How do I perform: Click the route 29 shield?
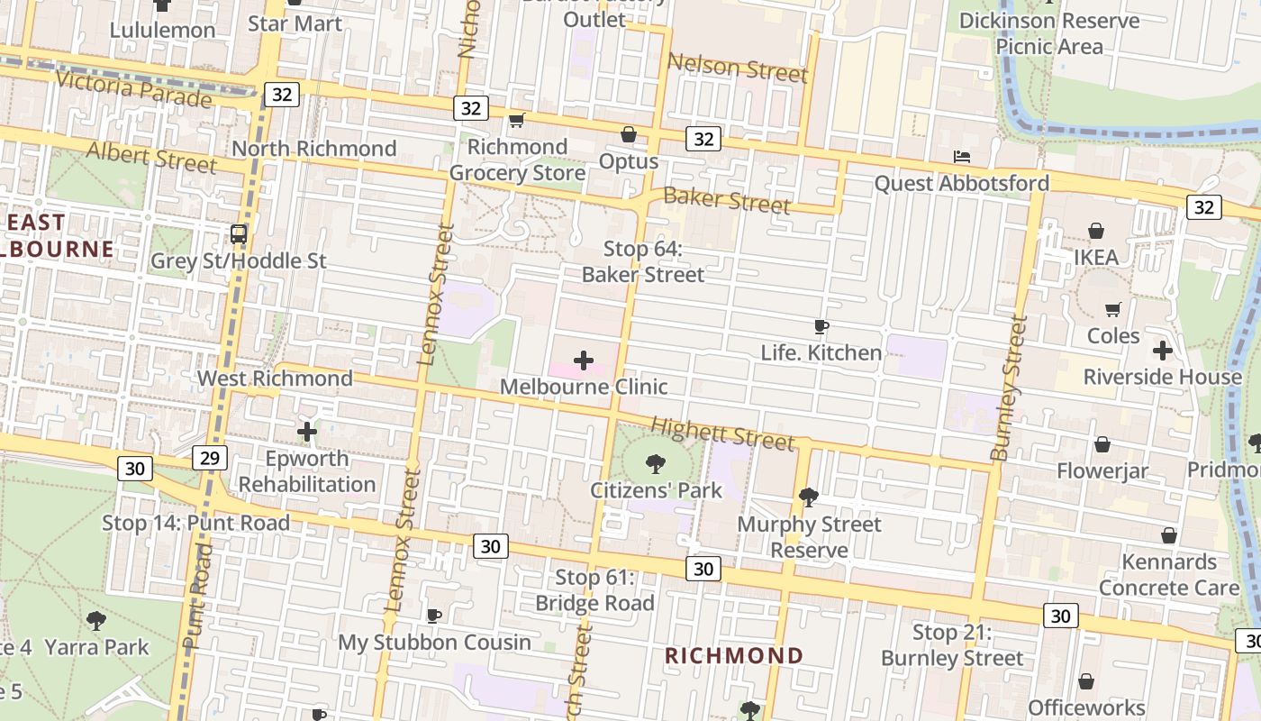point(209,458)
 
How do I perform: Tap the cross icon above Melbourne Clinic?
point(584,360)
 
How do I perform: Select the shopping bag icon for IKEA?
point(1096,232)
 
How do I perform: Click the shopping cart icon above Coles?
point(1113,310)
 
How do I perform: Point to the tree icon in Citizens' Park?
point(656,465)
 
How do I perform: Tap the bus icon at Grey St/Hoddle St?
point(239,234)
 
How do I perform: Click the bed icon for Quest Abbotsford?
point(962,157)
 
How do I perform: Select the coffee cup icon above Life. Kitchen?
point(821,326)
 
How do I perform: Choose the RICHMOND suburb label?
point(734,655)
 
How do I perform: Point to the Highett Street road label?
point(722,434)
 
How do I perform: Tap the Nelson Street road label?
point(738,68)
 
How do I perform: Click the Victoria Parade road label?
point(134,87)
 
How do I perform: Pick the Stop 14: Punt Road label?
point(195,523)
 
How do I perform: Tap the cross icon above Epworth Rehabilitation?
point(307,432)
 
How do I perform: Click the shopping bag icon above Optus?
point(629,135)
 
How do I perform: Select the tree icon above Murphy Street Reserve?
point(809,497)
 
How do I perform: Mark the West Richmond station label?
point(275,378)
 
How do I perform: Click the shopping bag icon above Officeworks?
point(1086,681)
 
